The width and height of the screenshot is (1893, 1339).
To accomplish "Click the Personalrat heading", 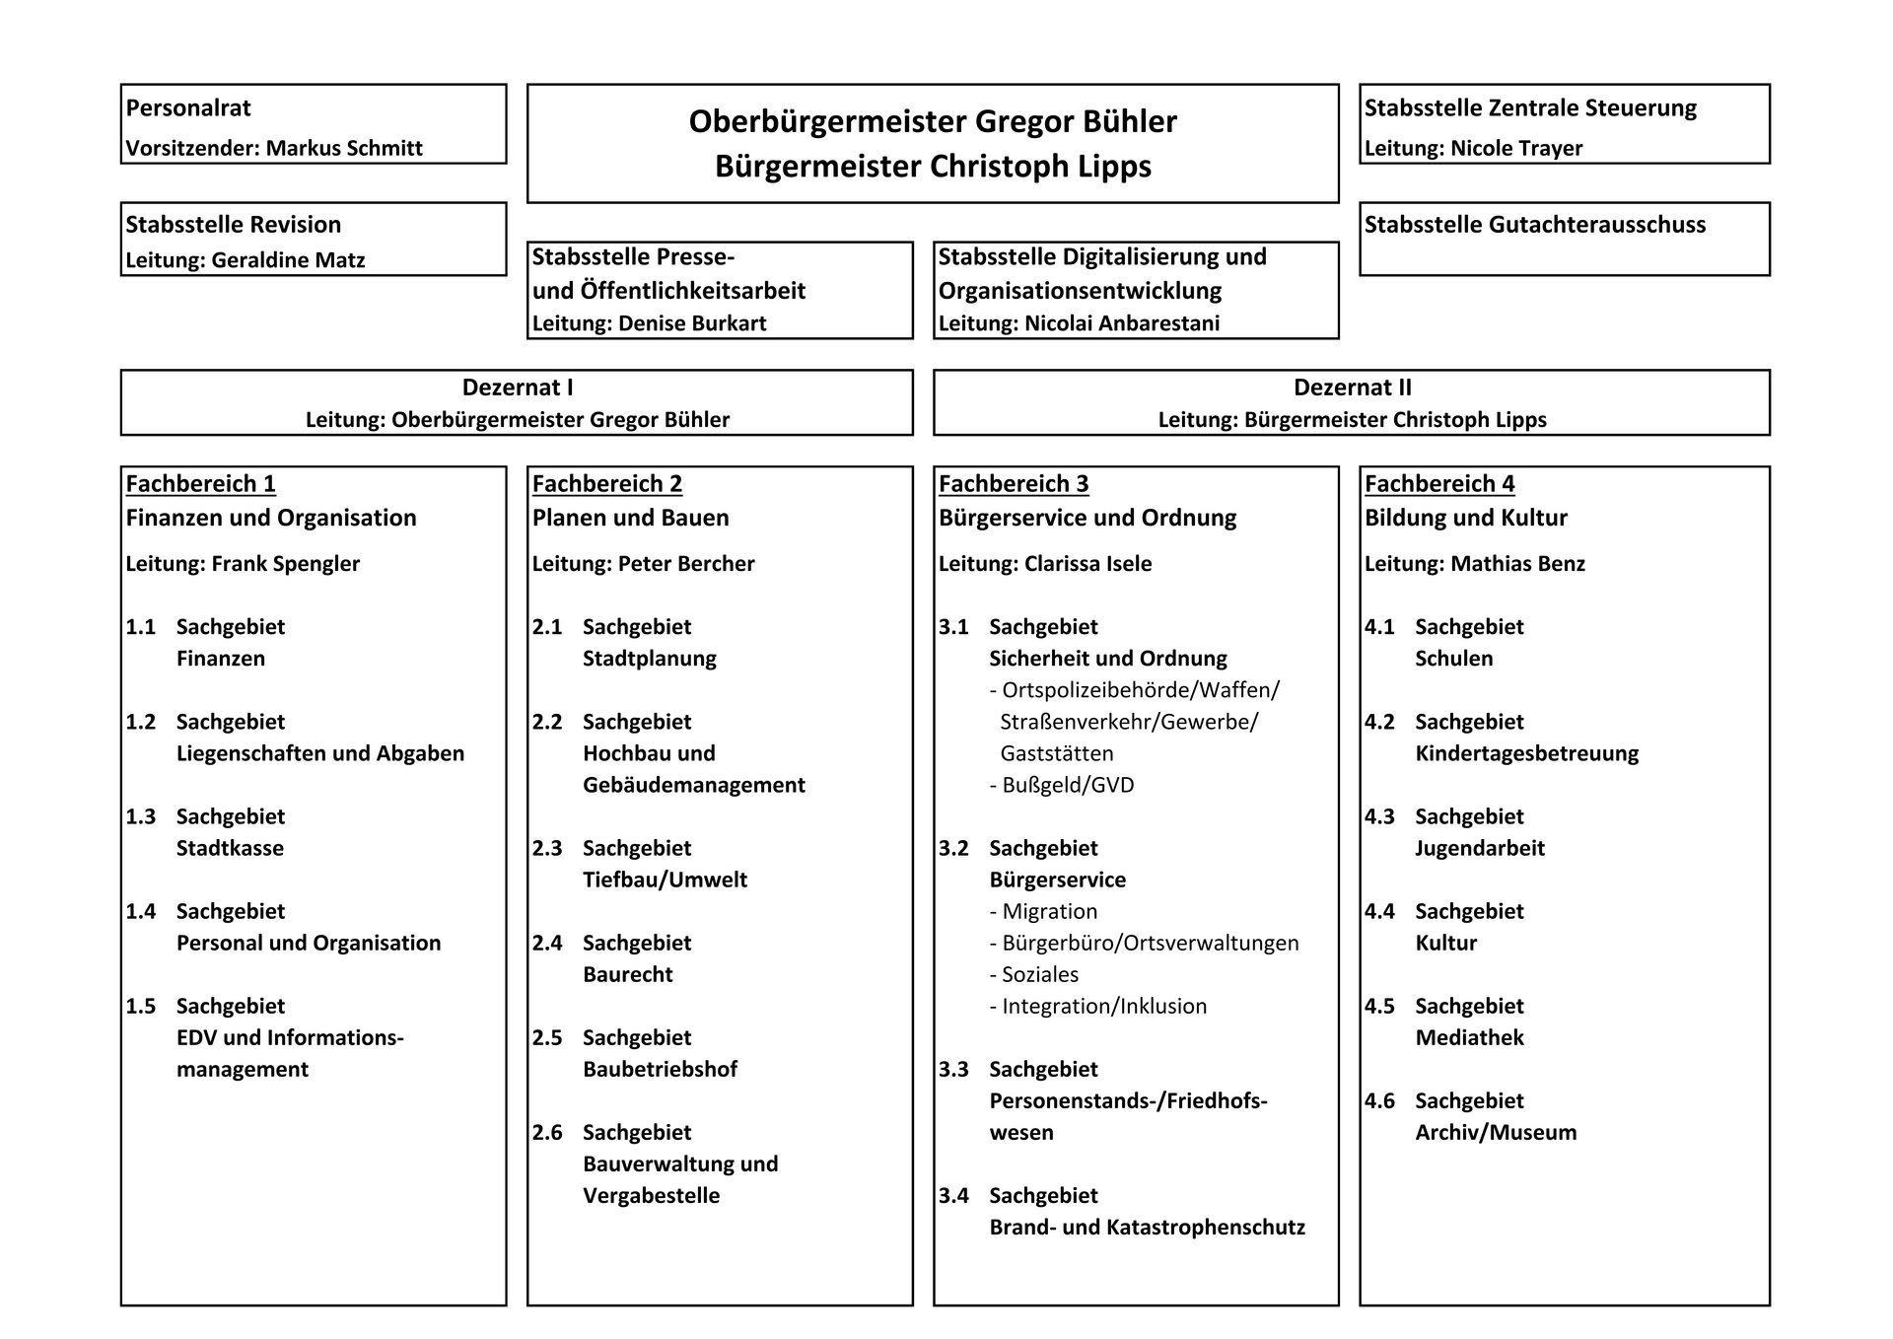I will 188,107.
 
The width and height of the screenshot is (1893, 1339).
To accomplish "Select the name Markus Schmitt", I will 344,148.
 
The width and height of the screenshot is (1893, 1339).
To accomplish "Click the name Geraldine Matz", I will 288,260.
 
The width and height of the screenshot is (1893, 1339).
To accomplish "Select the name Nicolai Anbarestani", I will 1122,323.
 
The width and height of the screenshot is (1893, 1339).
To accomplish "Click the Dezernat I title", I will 518,388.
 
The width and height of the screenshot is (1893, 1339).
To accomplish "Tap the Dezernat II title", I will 1352,388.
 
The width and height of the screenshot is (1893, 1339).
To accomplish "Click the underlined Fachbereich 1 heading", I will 201,484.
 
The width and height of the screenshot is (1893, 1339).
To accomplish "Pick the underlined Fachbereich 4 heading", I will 1439,484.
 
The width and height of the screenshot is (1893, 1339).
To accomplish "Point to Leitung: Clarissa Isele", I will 1045,564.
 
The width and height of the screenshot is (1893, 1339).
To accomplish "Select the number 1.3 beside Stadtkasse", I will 141,816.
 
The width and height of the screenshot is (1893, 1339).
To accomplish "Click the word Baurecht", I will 628,974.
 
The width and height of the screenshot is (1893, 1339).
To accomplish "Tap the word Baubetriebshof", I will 660,1069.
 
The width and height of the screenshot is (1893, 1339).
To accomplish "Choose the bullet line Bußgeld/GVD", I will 1062,785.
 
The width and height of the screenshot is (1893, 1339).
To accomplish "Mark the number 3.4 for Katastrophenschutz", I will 953,1195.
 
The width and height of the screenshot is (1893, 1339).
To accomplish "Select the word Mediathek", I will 1469,1037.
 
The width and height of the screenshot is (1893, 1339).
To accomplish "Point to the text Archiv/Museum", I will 1496,1132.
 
